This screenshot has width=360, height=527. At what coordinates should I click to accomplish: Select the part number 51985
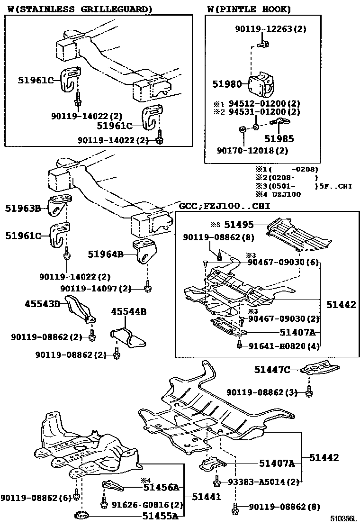[279, 139]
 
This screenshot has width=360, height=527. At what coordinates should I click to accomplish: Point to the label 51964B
[106, 254]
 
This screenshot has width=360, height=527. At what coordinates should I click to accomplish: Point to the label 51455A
[161, 516]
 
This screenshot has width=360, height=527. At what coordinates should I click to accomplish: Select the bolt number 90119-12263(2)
[270, 29]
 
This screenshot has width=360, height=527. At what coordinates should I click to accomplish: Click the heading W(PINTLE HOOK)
[249, 9]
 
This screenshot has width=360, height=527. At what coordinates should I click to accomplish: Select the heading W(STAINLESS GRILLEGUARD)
[80, 9]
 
